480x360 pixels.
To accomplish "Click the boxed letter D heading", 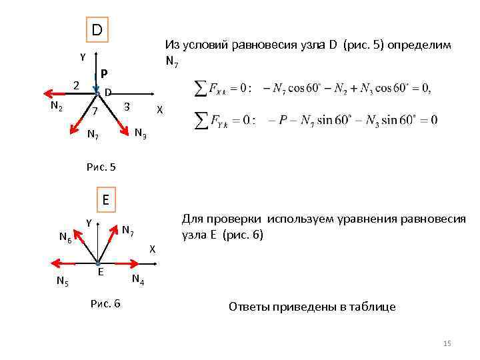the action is (97, 30).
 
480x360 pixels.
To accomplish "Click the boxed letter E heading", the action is (105, 199).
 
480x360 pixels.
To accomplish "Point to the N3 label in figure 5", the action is (141, 133).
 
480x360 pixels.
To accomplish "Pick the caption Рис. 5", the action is (101, 167).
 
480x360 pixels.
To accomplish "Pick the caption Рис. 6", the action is (105, 303).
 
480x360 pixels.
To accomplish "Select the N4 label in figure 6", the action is (138, 278).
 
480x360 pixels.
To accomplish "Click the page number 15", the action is (447, 343).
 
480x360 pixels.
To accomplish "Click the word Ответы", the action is (249, 307).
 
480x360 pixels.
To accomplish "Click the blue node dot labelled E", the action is (97, 263).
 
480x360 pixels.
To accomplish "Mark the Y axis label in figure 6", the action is (89, 223).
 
